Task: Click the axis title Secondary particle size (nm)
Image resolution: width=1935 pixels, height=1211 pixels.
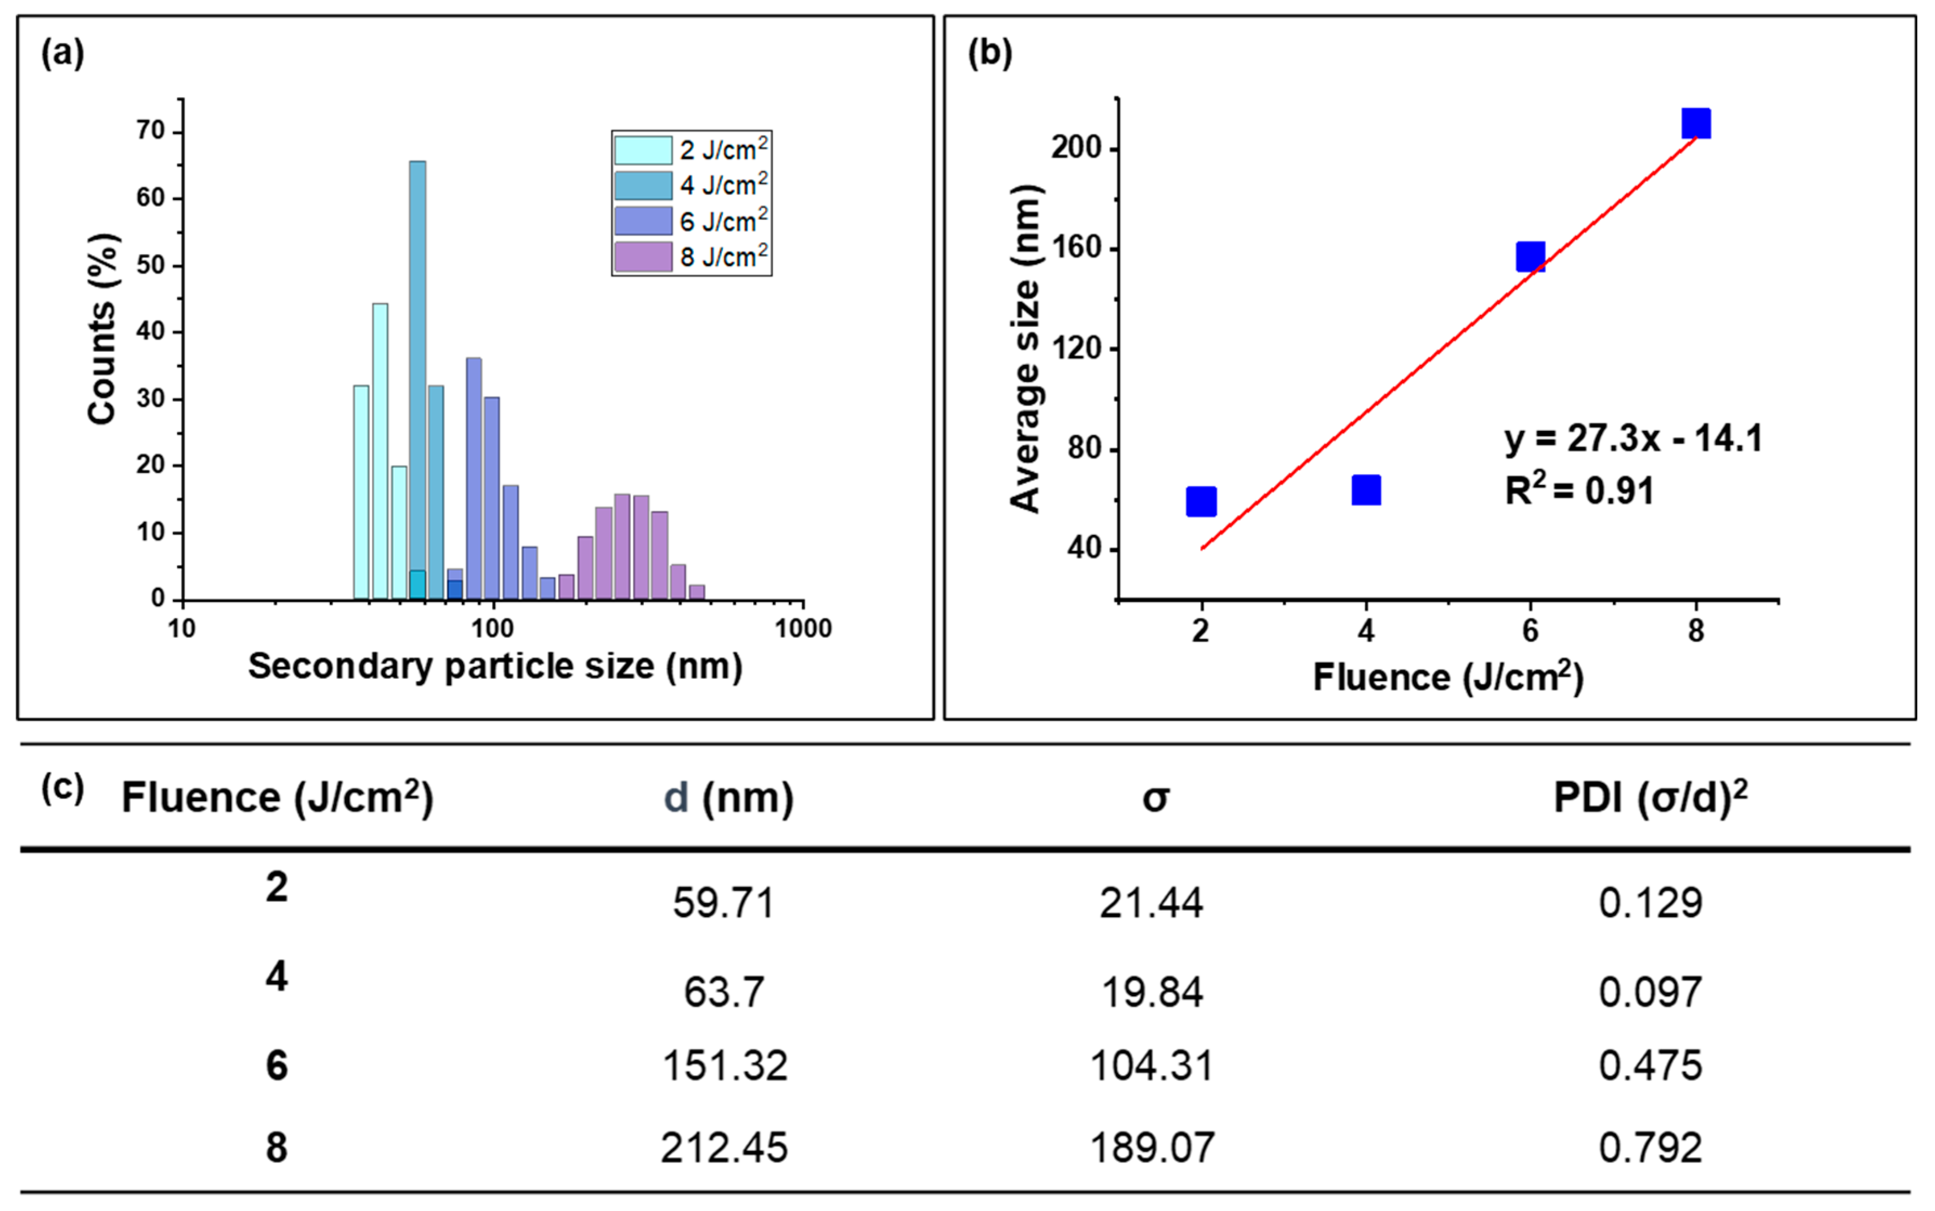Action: point(495,666)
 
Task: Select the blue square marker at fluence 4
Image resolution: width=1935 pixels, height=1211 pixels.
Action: point(1365,489)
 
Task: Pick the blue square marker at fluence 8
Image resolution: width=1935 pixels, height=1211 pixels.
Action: point(1696,123)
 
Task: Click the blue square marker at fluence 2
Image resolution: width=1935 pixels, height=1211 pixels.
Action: point(1200,501)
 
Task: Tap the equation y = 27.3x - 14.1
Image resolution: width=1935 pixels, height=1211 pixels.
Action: point(1633,439)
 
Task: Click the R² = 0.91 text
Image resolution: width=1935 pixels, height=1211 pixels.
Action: point(1579,490)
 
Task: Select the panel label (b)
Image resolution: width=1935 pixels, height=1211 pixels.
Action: point(989,54)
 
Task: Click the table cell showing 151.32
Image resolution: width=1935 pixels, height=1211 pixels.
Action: point(724,1066)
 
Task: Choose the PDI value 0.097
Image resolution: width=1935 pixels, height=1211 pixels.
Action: point(1650,992)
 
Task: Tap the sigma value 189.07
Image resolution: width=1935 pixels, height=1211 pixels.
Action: point(1152,1148)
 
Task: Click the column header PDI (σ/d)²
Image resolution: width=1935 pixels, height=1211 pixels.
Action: point(1650,798)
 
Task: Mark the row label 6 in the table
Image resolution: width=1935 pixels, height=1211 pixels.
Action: point(276,1066)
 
